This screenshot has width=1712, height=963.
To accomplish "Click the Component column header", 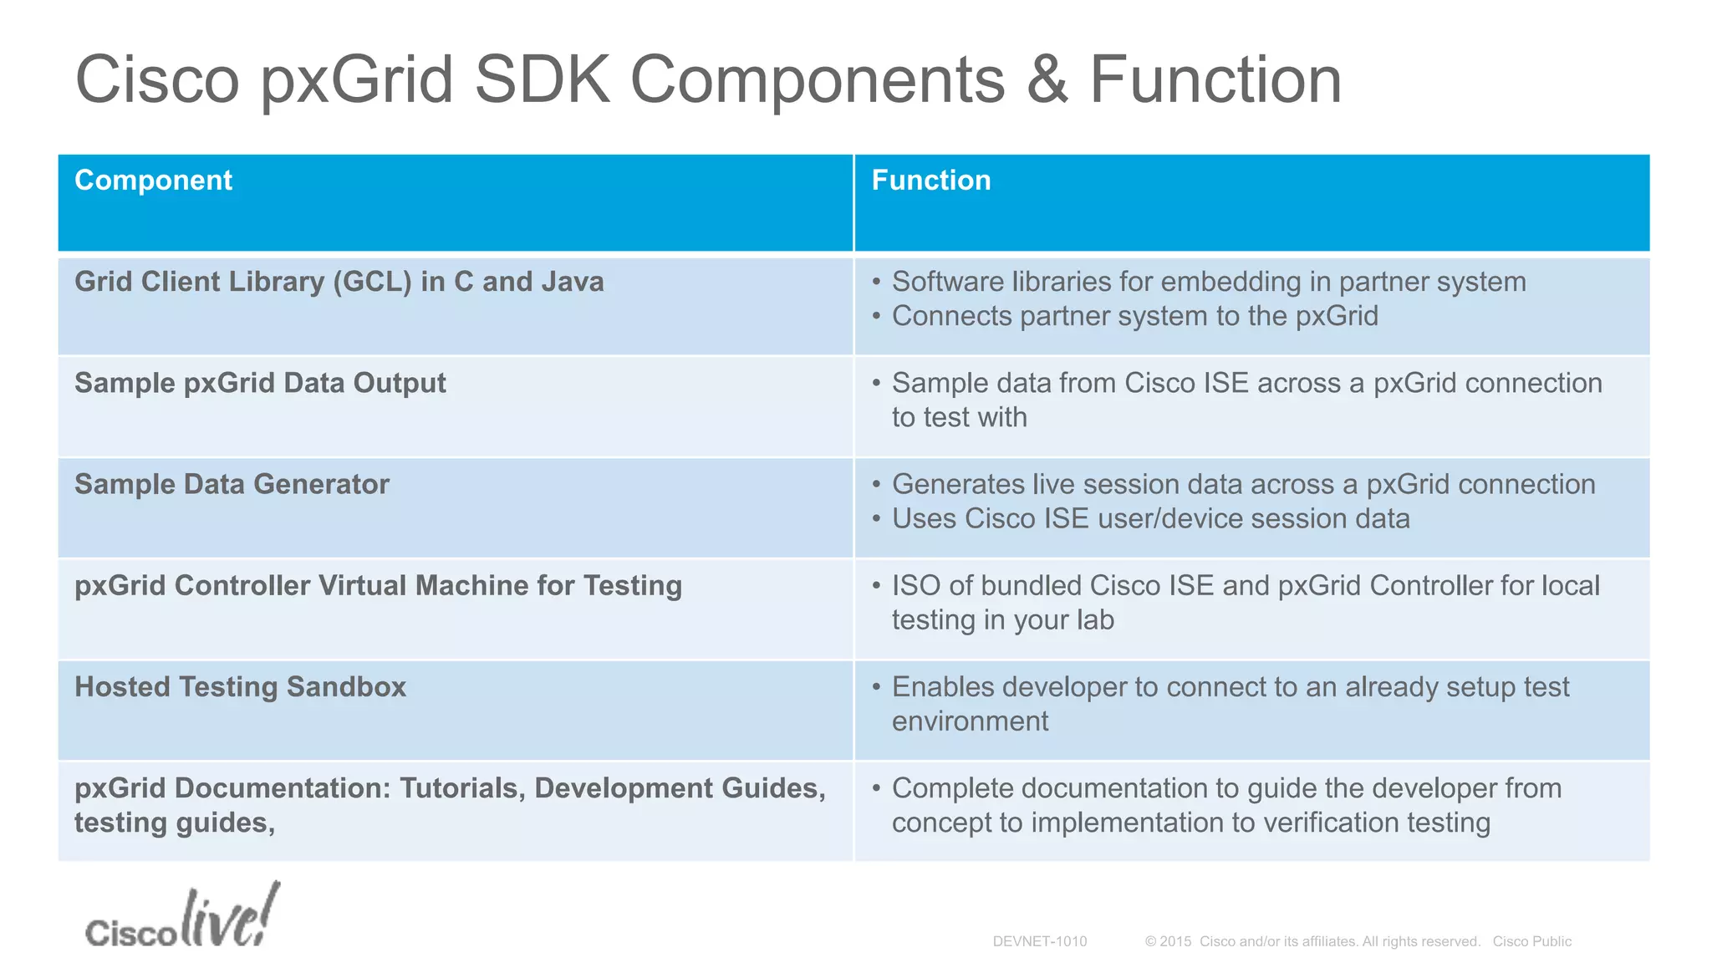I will coord(153,181).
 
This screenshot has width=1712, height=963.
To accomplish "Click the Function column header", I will coord(930,181).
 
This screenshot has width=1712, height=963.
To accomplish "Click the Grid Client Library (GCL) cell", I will coord(339,282).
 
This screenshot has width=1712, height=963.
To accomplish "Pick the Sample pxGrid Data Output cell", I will coord(260,383).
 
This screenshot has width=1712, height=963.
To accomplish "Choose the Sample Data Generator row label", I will coord(232,484).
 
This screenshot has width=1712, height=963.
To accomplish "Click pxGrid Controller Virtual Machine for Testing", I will coord(378,585).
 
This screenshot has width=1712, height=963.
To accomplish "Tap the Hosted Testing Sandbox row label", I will coord(240,686).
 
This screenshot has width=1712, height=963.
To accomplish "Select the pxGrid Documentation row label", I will coord(450,804).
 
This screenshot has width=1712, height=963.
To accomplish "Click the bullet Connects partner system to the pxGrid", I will coord(1134,316).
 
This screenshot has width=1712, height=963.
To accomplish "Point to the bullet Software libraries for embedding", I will coord(1208,282).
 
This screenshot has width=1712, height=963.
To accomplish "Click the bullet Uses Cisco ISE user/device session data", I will coord(1150,518).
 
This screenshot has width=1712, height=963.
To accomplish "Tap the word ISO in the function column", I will coord(915,585).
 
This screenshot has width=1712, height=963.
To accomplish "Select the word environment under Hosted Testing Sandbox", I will coord(970,721).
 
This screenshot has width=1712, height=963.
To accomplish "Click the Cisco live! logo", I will coord(181,918).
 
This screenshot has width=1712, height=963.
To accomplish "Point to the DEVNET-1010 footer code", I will coord(1039,941).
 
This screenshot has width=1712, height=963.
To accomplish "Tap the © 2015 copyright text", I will coord(1168,941).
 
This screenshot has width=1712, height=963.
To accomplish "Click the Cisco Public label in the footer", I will coord(1531,941).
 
